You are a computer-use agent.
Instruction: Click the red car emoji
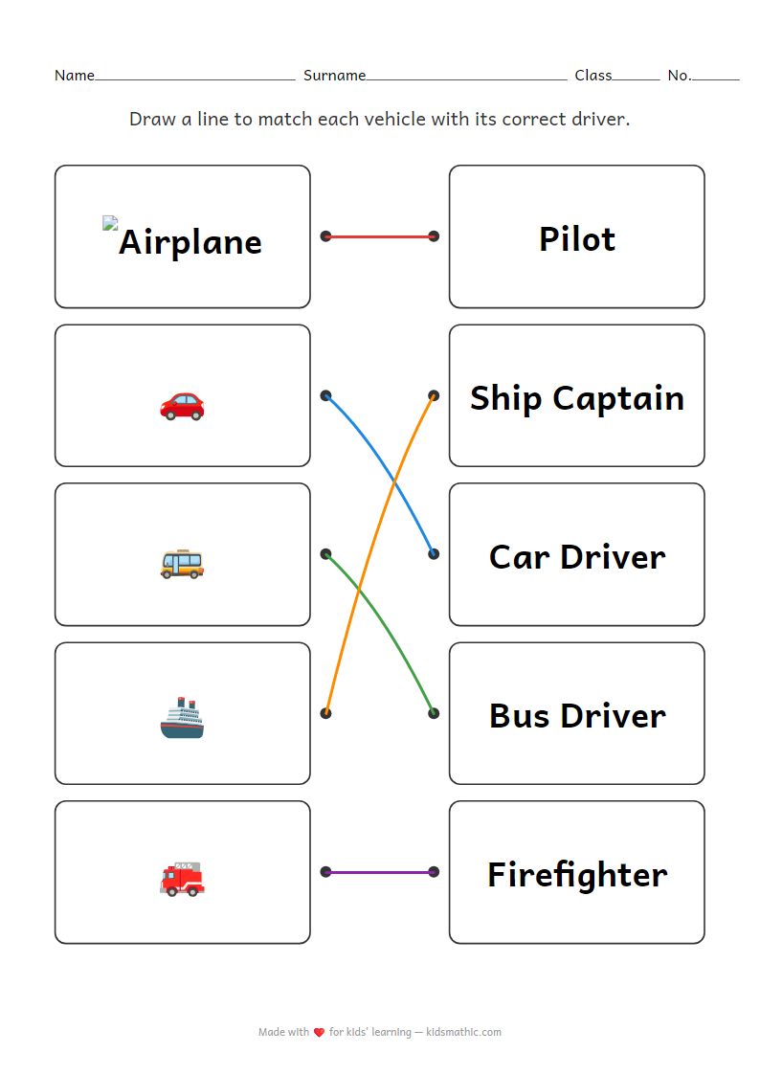[x=182, y=405]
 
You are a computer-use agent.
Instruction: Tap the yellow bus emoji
[x=182, y=563]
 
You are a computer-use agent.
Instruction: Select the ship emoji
[x=182, y=719]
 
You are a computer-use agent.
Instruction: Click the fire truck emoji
[x=182, y=878]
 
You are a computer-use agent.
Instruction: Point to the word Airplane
[x=190, y=242]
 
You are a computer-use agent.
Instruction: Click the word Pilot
[x=576, y=238]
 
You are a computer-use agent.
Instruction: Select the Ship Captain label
[x=576, y=397]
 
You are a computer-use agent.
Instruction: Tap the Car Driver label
[x=576, y=556]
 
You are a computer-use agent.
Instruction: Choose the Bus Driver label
[x=576, y=715]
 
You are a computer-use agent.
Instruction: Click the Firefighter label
[x=576, y=874]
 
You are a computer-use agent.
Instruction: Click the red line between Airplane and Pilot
[x=379, y=235]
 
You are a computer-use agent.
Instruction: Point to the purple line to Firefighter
[x=379, y=872]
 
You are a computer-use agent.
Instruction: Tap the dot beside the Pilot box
[x=434, y=235]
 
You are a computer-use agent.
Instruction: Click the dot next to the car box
[x=325, y=395]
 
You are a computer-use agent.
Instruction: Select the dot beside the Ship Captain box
[x=434, y=395]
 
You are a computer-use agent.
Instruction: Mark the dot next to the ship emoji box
[x=325, y=713]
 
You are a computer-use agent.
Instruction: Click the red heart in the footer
[x=319, y=1032]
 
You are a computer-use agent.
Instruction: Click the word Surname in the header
[x=334, y=76]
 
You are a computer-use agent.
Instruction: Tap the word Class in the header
[x=592, y=76]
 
